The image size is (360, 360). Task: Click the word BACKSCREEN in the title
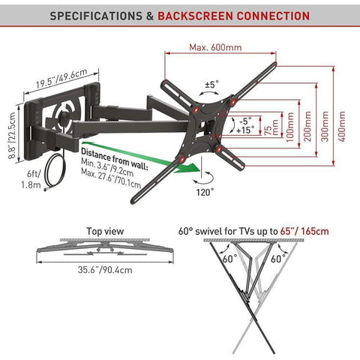coord(196,16)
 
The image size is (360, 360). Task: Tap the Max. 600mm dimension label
coord(215,47)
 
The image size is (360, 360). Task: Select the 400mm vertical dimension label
coord(342,127)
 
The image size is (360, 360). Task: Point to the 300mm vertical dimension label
coord(325,127)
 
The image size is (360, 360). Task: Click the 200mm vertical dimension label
coord(307,127)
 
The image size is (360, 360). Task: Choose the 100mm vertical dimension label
coord(290,127)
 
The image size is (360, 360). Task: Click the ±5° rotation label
coord(211,84)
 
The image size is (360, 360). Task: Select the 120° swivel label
coord(205,192)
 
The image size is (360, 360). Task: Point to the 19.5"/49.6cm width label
coord(61,78)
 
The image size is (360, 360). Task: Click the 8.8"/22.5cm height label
coord(12,135)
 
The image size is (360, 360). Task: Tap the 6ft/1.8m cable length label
coord(31,179)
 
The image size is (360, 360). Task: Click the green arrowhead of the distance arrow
coord(189,168)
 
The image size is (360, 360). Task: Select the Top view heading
coord(105,231)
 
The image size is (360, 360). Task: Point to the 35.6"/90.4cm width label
coord(105,270)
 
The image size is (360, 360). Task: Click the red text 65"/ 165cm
coord(304,231)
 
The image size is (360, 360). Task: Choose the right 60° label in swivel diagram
coord(278,259)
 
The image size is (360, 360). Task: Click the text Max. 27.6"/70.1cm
coord(111,178)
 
